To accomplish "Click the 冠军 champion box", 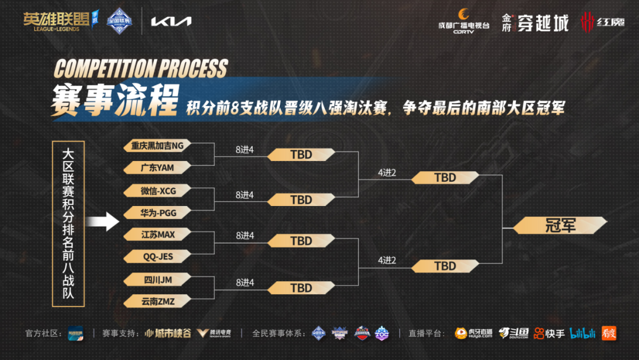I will (560, 225).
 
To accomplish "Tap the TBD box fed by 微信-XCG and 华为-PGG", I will (301, 200).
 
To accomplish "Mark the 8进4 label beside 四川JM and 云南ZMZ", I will (244, 282).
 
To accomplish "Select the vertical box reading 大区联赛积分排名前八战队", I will (68, 224).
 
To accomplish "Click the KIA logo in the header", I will (171, 21).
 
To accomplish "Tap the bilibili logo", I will (583, 333).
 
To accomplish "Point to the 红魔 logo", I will (603, 22).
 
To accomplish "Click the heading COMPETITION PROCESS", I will (140, 69).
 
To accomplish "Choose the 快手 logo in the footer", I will (549, 333).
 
